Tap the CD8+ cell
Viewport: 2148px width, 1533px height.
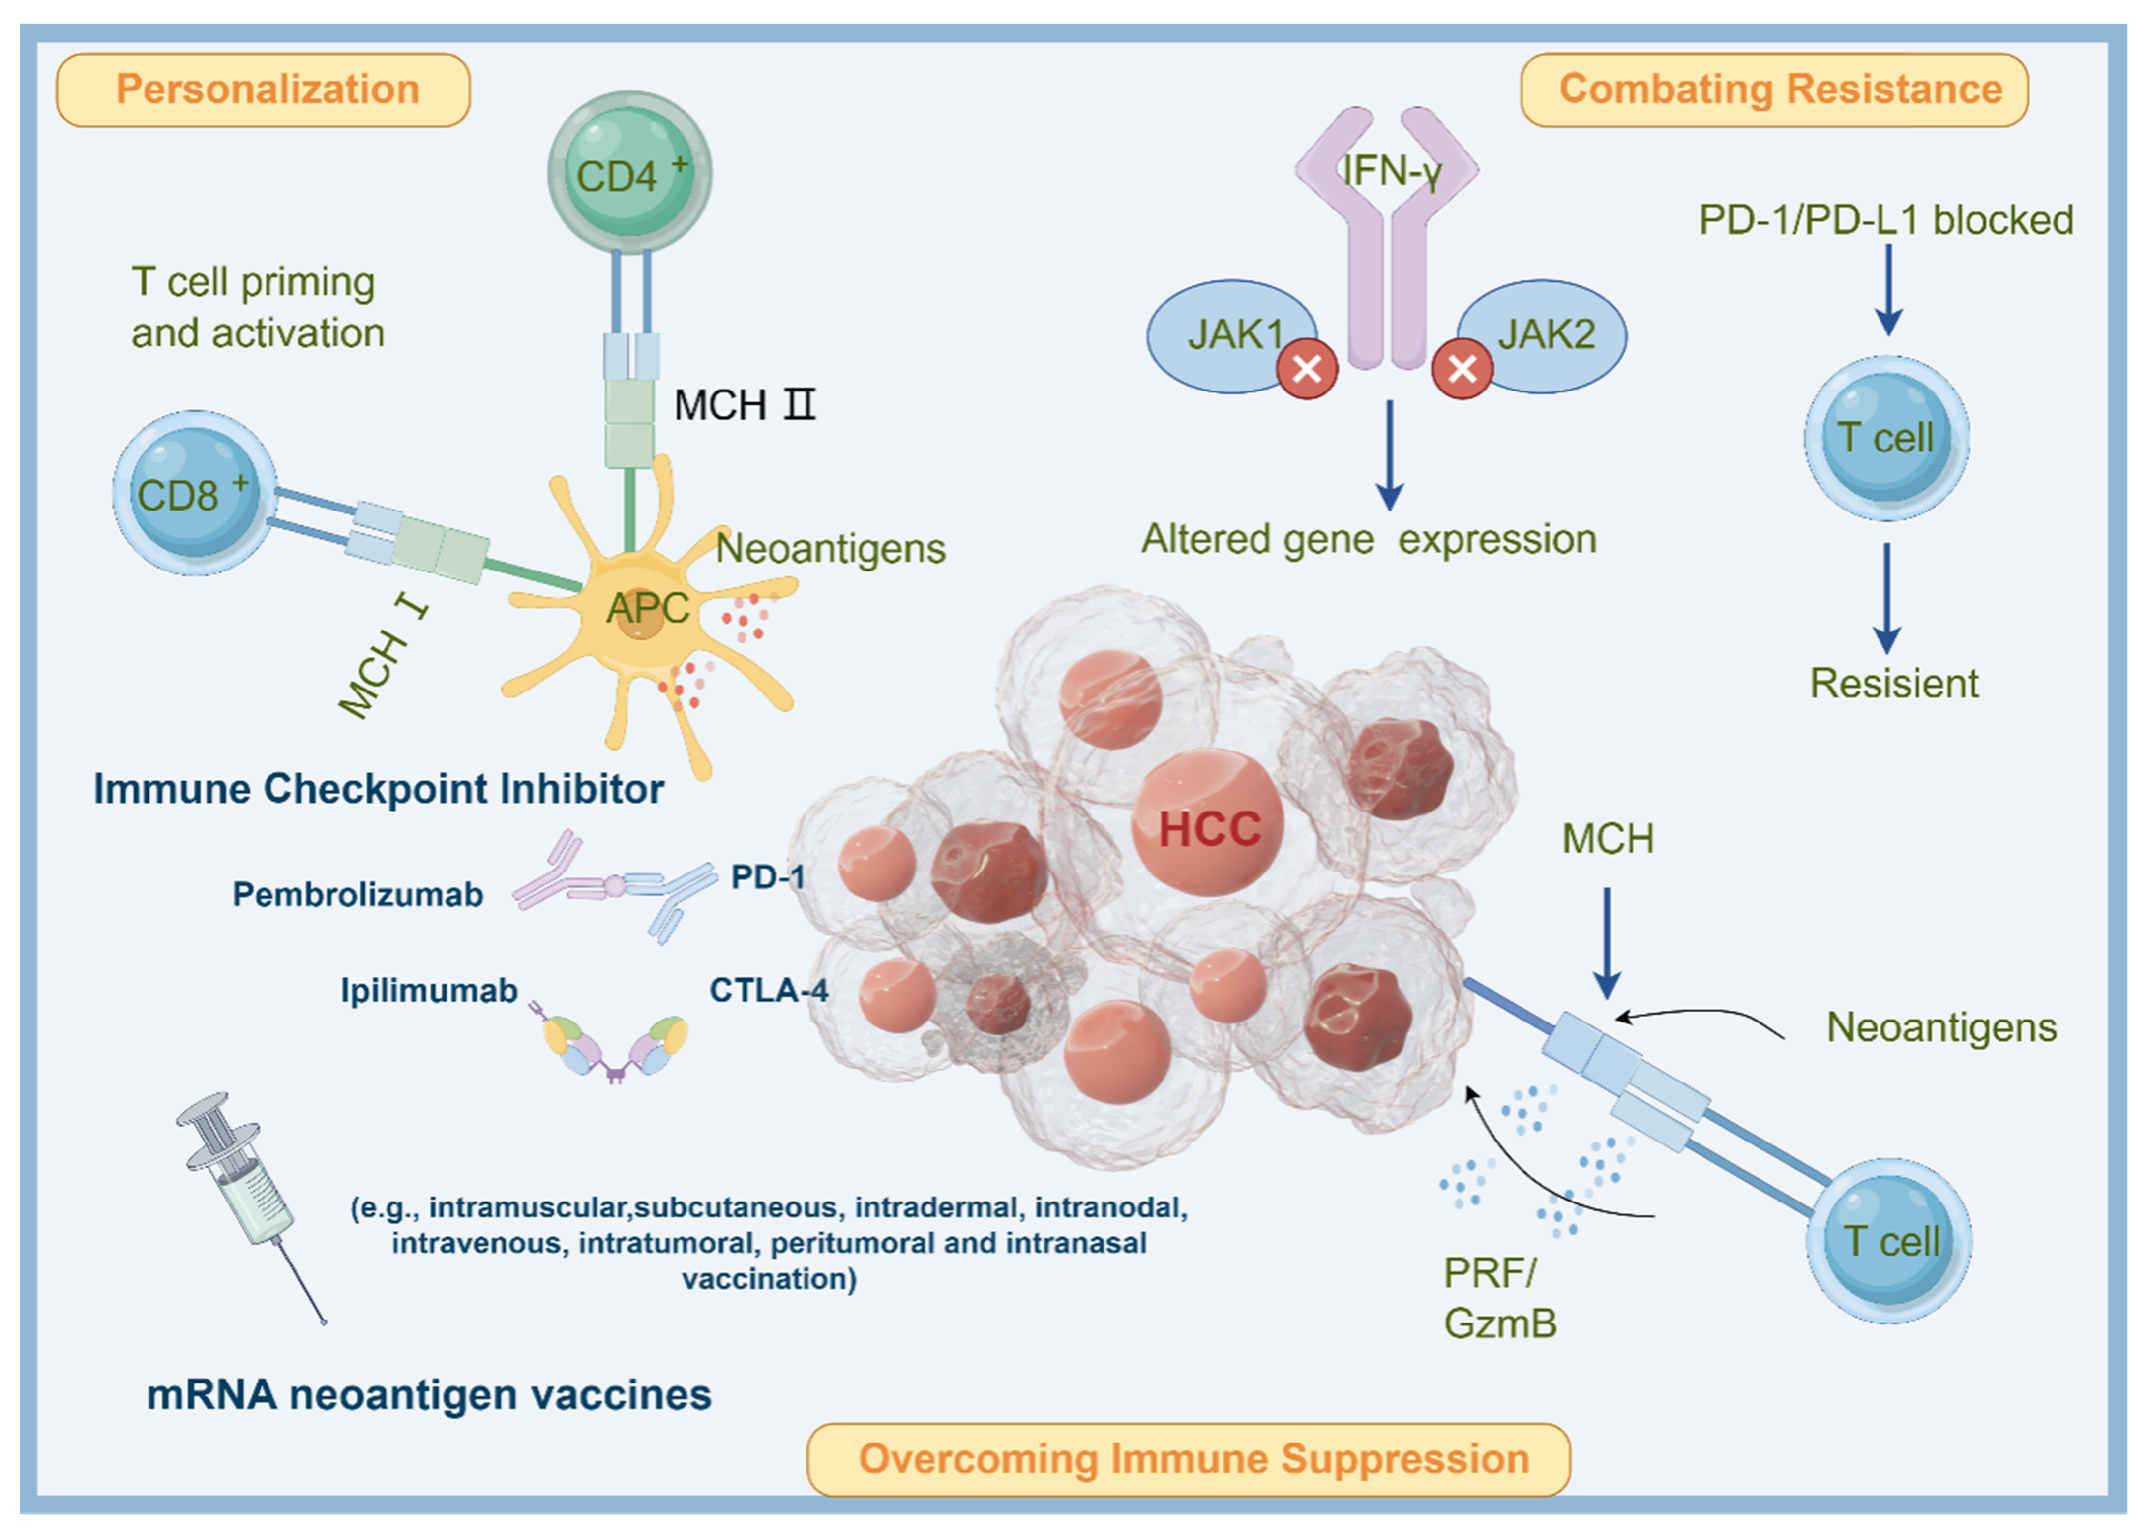click(194, 493)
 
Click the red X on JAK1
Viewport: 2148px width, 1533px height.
click(1307, 369)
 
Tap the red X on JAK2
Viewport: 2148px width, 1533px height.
click(1462, 369)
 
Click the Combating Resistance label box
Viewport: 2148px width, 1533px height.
click(1774, 90)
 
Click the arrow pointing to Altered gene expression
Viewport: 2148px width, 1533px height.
click(1389, 453)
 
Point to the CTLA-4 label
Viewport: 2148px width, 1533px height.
click(768, 990)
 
